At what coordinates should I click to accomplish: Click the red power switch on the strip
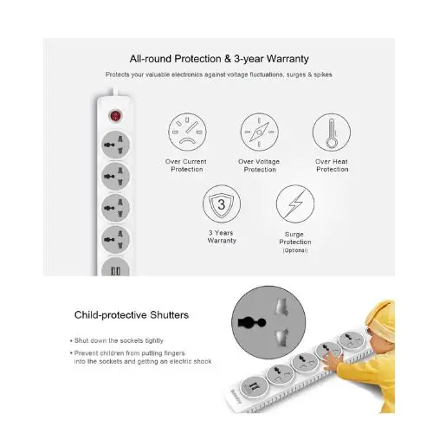pos(115,116)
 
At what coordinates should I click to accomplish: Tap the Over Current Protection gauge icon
pos(187,132)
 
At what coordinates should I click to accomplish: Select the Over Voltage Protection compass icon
pos(259,132)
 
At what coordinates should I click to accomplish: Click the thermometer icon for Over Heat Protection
pos(332,132)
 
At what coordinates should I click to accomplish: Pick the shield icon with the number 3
pos(222,204)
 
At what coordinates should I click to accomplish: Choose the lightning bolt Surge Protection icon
pos(295,204)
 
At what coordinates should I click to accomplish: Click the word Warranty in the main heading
pos(288,59)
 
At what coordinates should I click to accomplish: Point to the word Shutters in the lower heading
pos(169,315)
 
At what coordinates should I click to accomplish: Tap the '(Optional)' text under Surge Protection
pos(295,250)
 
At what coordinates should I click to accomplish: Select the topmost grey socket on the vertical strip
pos(115,145)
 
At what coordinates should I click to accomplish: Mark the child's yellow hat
pos(380,320)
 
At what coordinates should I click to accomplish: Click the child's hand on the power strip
pos(332,362)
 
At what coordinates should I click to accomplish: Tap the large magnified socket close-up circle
pos(268,322)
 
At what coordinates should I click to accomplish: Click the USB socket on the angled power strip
pos(254,387)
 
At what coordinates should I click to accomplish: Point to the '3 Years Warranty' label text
pos(222,236)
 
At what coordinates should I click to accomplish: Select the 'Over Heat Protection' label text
pos(332,165)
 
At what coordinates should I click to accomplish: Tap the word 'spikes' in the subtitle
pos(323,74)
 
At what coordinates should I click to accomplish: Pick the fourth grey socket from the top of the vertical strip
pos(115,239)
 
